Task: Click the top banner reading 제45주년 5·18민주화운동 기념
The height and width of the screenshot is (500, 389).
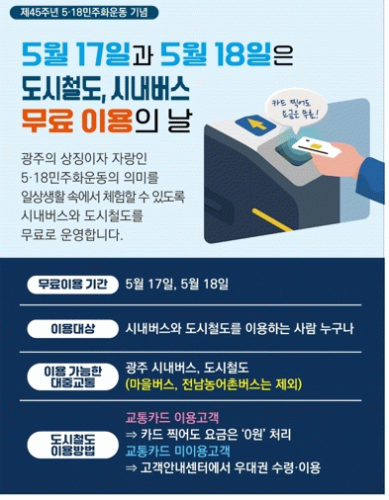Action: (84, 12)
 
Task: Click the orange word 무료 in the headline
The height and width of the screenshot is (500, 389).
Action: (47, 120)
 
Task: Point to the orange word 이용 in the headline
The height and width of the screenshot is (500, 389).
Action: (106, 120)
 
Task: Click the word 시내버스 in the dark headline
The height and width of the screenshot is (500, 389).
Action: (150, 88)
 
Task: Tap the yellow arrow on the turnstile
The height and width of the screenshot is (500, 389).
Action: (254, 125)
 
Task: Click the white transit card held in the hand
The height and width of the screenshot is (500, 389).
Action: (316, 147)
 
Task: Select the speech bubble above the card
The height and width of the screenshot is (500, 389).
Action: (295, 110)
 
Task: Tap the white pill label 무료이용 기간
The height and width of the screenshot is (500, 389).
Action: (72, 285)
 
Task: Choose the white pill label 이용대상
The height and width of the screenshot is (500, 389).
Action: (72, 328)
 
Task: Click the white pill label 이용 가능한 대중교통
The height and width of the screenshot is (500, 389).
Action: (72, 377)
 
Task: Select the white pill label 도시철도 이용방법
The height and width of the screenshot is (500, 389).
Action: (72, 445)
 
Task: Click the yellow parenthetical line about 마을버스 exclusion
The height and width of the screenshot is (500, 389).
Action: (214, 385)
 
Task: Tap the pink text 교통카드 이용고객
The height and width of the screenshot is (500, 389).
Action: (172, 418)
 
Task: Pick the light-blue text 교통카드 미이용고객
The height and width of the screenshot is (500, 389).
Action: (177, 451)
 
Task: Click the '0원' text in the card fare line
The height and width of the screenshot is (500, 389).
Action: (251, 435)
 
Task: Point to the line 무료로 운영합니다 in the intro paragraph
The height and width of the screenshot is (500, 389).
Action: (71, 235)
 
